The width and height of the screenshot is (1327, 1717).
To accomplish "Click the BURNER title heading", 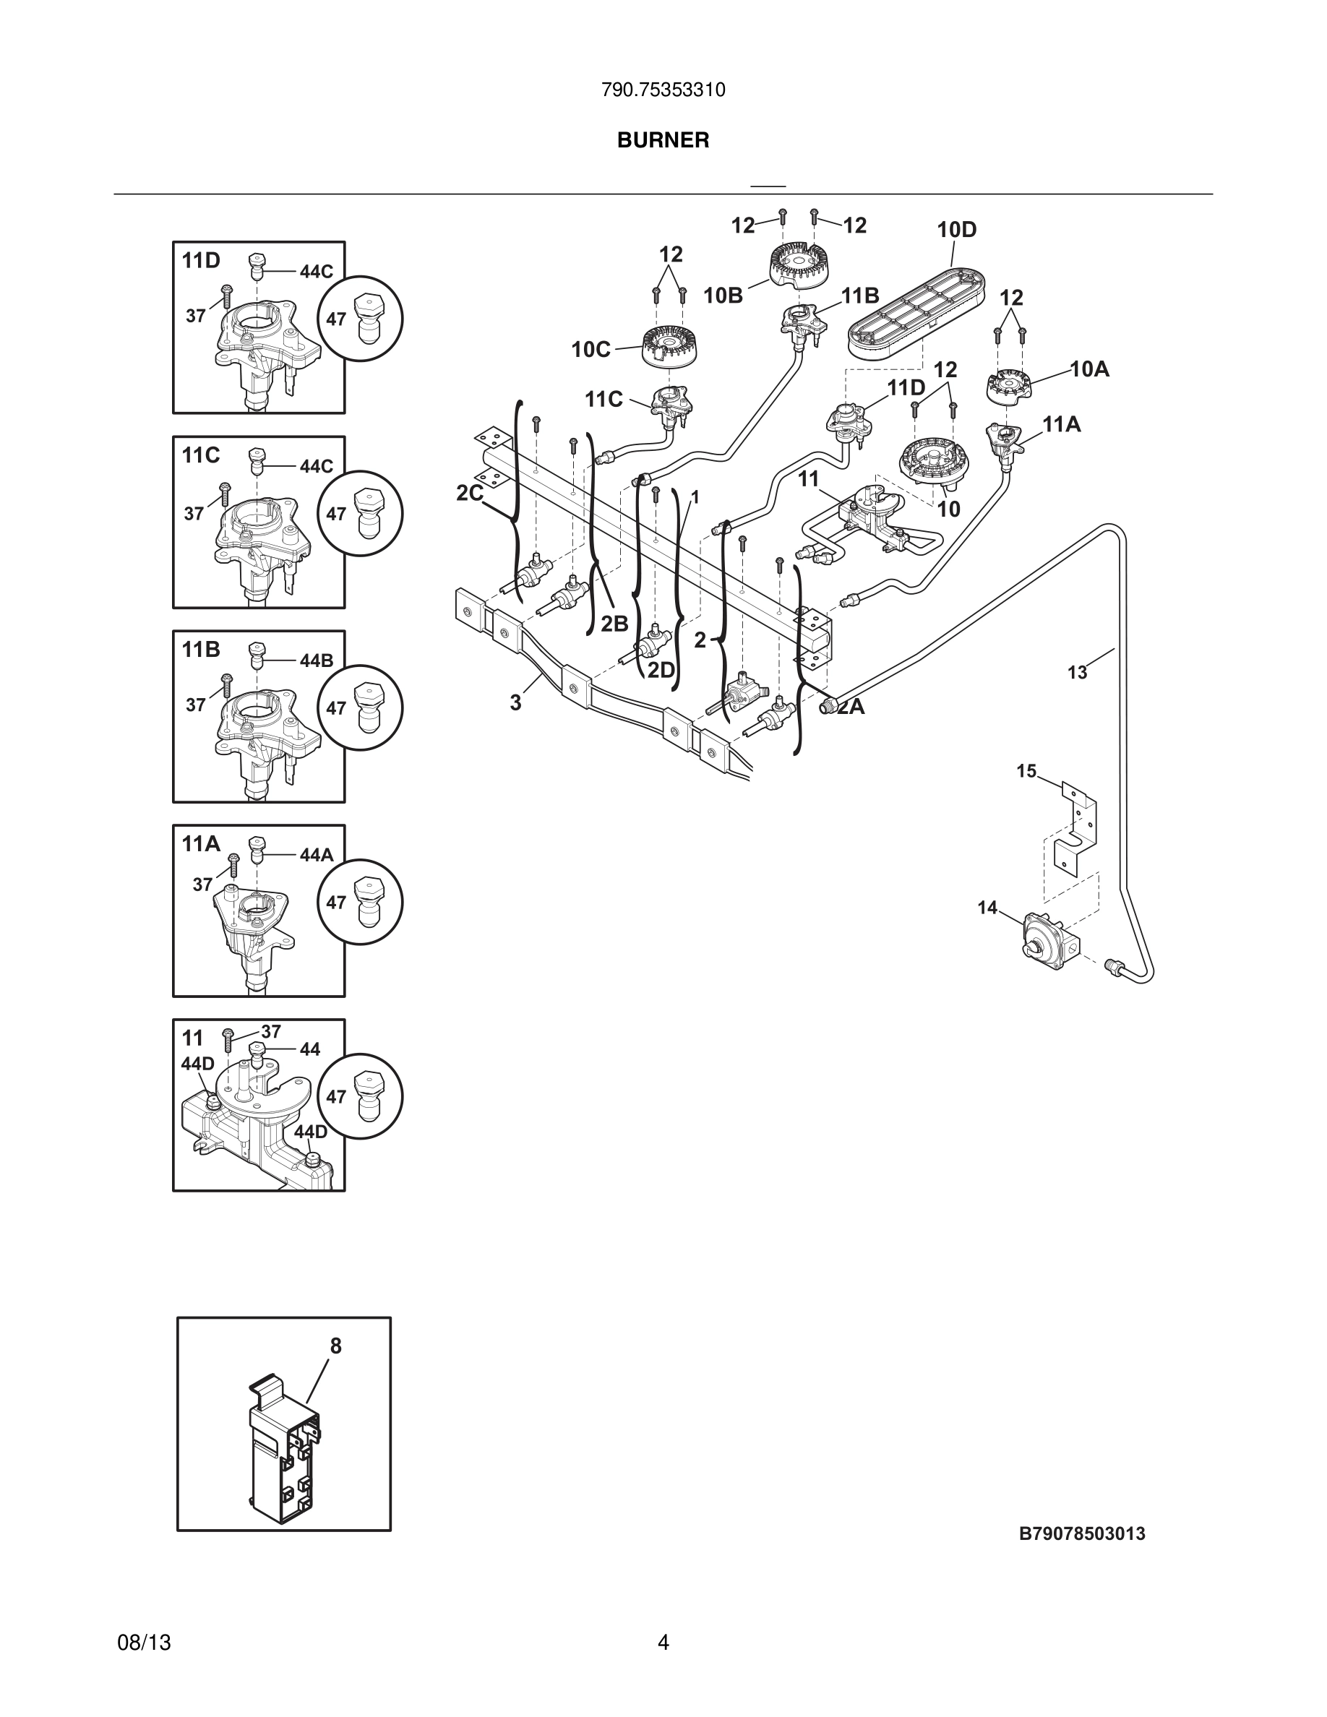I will tap(663, 140).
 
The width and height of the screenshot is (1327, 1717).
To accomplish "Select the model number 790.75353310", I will tap(663, 90).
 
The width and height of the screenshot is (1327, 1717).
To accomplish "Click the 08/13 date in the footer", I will tap(144, 1643).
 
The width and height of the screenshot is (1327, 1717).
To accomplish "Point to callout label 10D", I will tap(956, 230).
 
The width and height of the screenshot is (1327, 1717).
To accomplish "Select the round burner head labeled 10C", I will tap(672, 346).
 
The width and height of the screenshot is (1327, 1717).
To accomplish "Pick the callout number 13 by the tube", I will tap(1077, 672).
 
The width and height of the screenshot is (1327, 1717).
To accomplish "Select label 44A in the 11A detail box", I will tap(316, 855).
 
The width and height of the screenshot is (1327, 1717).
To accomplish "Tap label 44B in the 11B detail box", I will tap(316, 660).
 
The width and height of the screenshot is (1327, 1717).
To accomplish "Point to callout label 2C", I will tap(469, 493).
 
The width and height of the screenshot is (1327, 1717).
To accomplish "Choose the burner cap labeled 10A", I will tap(1008, 385).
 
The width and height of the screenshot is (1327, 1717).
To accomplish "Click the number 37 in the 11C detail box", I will tap(194, 513).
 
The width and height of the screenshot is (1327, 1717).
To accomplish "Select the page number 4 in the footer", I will tap(663, 1643).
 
